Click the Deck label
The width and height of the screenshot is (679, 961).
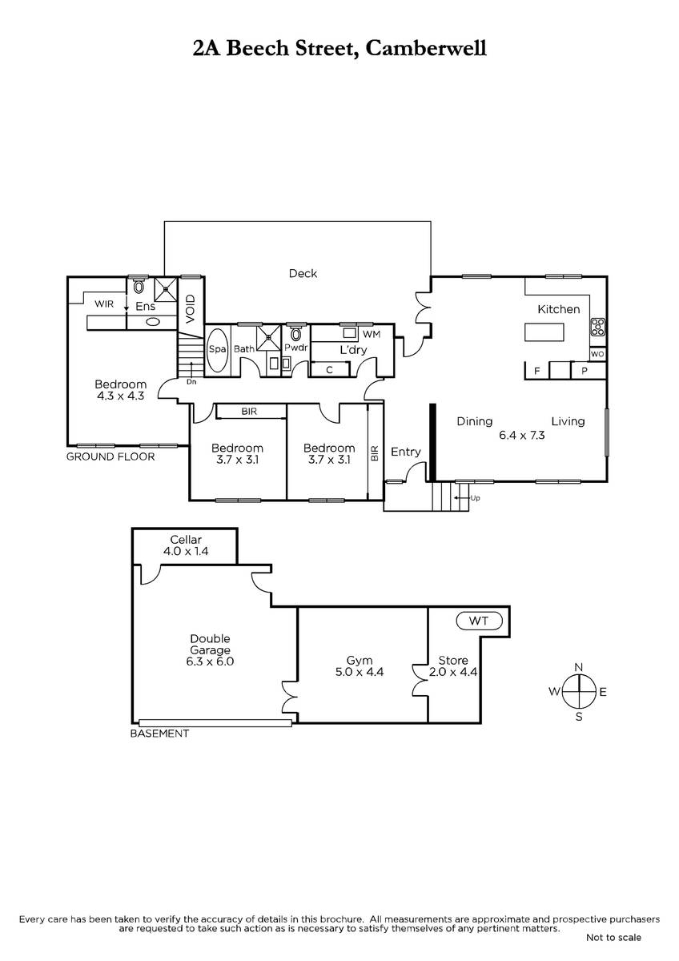point(303,273)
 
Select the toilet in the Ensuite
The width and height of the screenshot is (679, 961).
point(139,287)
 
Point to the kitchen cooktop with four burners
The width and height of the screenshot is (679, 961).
point(598,327)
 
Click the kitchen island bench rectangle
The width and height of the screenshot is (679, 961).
point(544,332)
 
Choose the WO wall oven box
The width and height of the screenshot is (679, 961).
point(597,354)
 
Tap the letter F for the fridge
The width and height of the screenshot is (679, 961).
point(536,371)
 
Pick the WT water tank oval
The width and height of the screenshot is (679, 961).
point(479,621)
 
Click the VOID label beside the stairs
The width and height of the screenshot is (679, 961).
point(191,309)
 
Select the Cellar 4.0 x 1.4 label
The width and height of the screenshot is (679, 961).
point(186,545)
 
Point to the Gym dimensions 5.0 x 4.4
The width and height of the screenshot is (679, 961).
point(360,671)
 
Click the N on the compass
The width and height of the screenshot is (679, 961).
point(579,667)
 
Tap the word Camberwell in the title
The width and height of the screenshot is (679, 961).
point(426,48)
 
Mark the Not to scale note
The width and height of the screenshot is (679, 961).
point(613,938)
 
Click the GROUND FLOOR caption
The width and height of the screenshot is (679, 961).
point(110,456)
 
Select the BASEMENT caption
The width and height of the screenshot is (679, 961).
point(159,734)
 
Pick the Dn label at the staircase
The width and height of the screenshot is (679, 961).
point(191,381)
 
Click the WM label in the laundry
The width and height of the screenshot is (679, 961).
point(372,334)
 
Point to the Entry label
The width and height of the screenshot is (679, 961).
point(406,452)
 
